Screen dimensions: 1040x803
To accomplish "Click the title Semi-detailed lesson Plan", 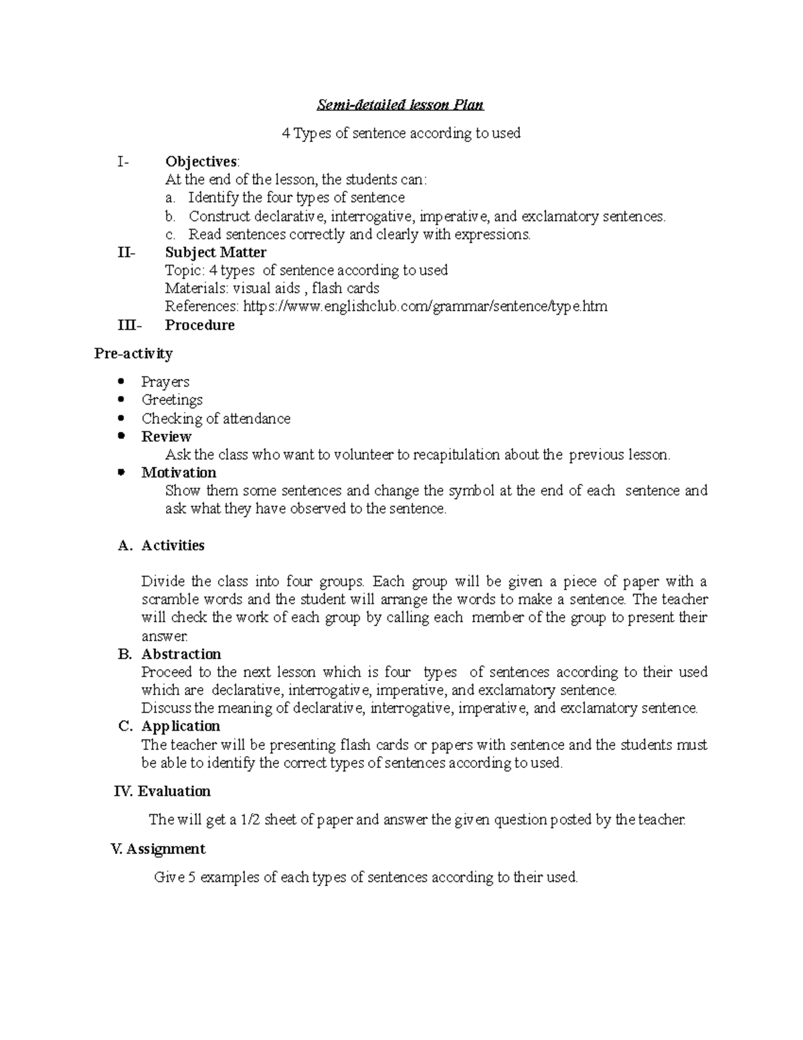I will [400, 105].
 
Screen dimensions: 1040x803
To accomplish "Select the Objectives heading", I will [201, 161].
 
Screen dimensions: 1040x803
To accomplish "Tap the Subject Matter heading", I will [215, 252].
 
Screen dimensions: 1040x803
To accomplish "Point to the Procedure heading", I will [199, 325].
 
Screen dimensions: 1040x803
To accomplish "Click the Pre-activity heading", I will [133, 354].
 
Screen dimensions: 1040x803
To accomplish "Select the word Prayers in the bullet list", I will [165, 382].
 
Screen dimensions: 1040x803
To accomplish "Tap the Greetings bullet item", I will [172, 400].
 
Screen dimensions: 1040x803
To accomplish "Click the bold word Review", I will [167, 437].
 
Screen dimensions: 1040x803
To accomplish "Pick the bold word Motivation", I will [179, 473].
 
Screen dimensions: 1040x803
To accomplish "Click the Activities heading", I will [173, 546].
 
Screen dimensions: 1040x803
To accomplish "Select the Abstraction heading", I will [181, 654].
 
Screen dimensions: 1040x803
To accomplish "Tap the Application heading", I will [181, 727].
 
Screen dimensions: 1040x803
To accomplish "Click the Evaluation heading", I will [174, 792].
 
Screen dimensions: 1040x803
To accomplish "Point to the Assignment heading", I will [165, 849].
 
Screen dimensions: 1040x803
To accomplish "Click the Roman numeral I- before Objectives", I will [122, 161].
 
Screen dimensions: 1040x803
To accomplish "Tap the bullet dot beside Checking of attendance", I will [120, 419].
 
